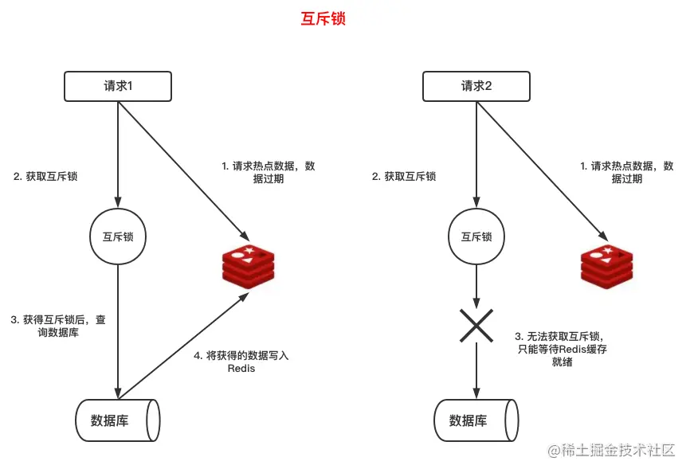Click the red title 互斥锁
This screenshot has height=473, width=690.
tap(323, 19)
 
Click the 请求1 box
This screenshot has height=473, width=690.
tap(118, 86)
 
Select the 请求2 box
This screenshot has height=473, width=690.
tap(476, 86)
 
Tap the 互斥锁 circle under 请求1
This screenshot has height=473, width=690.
tap(118, 236)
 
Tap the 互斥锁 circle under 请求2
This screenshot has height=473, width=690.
tap(476, 236)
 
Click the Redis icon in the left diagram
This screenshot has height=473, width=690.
tap(248, 266)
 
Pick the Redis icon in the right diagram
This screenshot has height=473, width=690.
tap(606, 266)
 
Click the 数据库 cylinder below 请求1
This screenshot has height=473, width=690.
tap(118, 420)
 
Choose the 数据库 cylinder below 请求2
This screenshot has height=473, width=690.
tap(476, 420)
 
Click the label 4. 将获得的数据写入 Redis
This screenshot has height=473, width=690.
tap(241, 362)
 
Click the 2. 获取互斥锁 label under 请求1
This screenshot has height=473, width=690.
tap(45, 176)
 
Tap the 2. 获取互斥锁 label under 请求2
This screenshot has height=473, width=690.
tap(404, 176)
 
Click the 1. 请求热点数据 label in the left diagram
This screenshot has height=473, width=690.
tap(268, 172)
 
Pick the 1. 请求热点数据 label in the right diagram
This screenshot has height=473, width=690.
tap(626, 172)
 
